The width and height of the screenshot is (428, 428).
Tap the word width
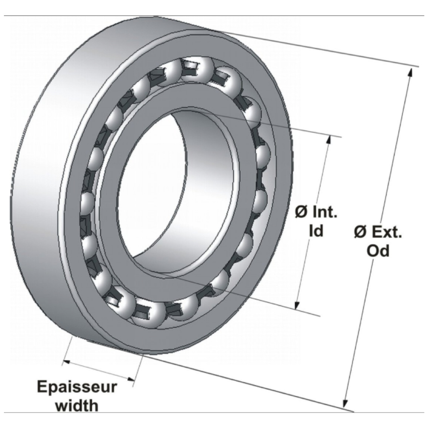click(77, 405)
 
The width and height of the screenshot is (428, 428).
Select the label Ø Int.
click(316, 212)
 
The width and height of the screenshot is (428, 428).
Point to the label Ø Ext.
click(378, 232)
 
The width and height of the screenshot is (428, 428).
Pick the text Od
click(378, 251)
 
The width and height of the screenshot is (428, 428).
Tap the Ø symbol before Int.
click(301, 212)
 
